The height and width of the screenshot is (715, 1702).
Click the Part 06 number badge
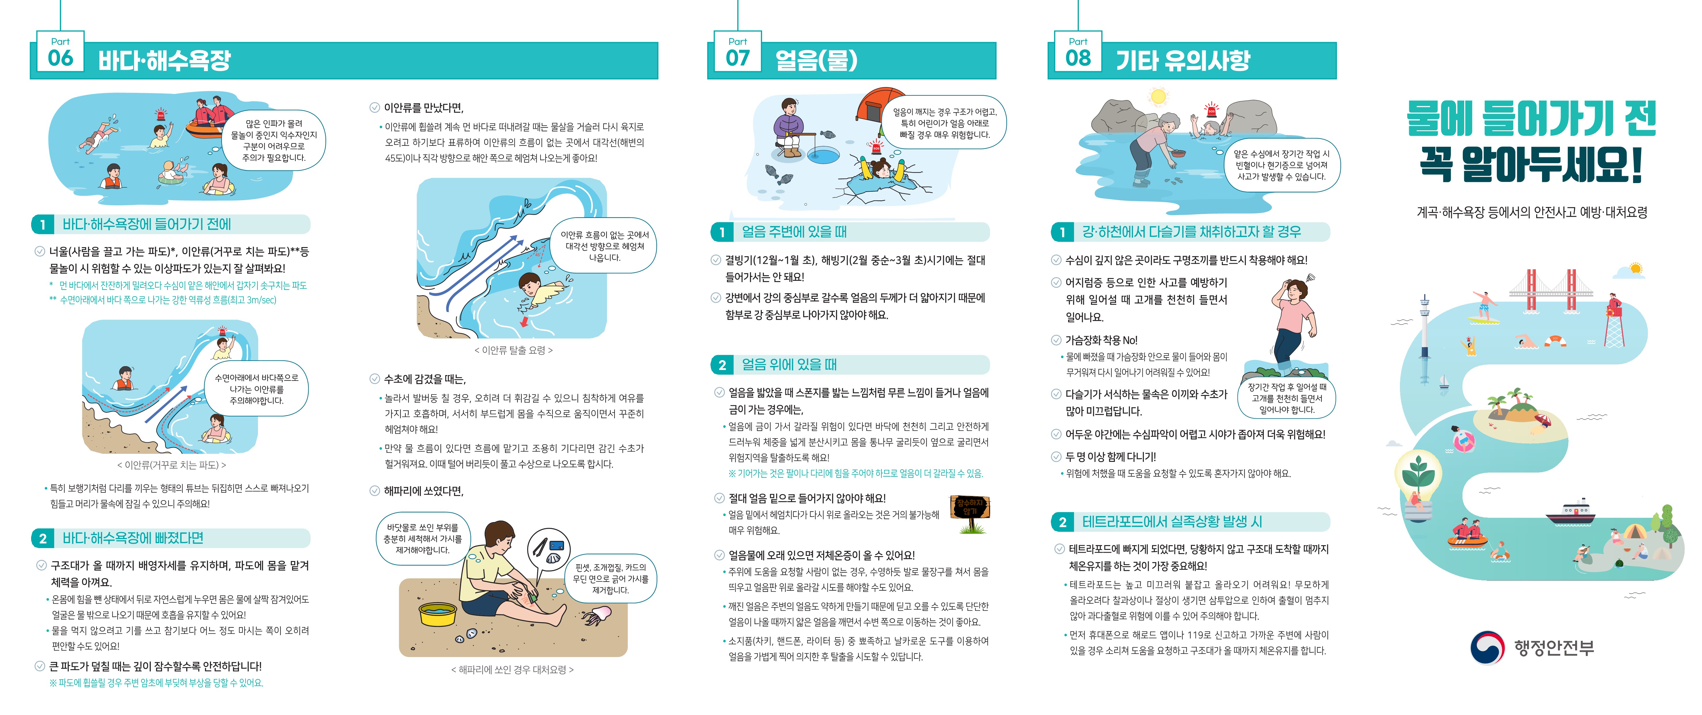point(60,52)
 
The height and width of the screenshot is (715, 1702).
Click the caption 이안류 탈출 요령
point(513,350)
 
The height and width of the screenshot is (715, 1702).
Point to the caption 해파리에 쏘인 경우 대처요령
point(512,669)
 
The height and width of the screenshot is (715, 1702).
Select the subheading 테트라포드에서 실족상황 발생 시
point(1171,522)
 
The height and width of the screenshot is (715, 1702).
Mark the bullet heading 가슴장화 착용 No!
point(1101,340)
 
